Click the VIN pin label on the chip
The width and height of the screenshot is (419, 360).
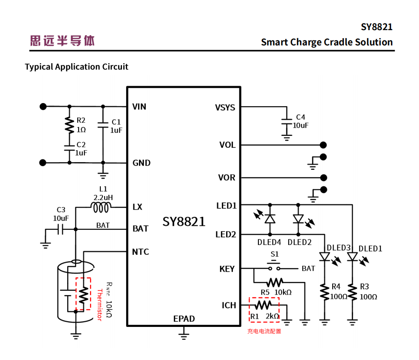[139, 107]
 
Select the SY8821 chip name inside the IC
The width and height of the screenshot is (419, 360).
[184, 222]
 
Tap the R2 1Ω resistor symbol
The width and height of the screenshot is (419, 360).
[69, 124]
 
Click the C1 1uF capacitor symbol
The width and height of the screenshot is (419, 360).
[102, 125]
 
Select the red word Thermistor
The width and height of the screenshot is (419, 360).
[100, 305]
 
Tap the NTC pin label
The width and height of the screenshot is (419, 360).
[141, 252]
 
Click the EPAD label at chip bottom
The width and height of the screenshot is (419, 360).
[184, 319]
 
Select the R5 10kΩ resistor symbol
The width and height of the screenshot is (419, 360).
[275, 281]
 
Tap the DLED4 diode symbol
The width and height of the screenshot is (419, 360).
[269, 219]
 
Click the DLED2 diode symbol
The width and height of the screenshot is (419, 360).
[298, 219]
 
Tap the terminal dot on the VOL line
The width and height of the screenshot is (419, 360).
[323, 145]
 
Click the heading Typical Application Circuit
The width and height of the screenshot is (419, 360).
[76, 67]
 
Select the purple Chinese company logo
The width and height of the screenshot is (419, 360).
[62, 41]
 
